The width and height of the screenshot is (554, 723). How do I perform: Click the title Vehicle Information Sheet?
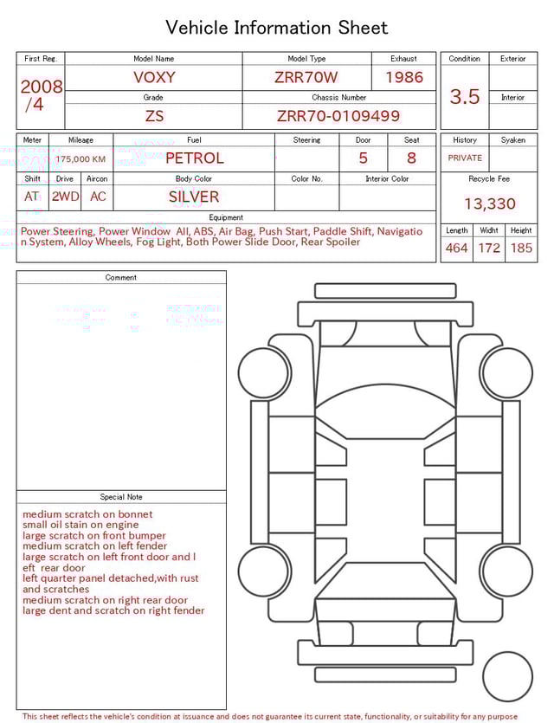pos(277,28)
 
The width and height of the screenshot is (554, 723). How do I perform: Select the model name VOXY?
pos(154,77)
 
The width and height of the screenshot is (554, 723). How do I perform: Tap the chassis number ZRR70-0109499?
pos(338,116)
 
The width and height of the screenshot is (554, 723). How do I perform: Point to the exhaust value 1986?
pos(404,77)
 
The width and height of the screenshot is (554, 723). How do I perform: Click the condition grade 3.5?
pos(465,97)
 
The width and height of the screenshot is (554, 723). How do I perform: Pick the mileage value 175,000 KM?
pos(81,159)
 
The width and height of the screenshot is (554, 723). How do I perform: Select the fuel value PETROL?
pos(194,158)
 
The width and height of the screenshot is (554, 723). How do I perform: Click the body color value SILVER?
pos(194,197)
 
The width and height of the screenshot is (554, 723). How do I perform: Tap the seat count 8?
pos(411,158)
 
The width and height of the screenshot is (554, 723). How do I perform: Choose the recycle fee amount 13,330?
pos(490,204)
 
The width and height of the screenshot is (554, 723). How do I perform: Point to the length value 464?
pos(456,249)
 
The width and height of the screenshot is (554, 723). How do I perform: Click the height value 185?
pos(521,249)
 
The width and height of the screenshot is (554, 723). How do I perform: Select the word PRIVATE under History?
pos(465,158)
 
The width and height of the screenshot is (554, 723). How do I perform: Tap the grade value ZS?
pos(154,116)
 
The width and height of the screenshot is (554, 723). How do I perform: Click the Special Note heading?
pos(121,497)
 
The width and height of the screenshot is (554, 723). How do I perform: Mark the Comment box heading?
pos(121,278)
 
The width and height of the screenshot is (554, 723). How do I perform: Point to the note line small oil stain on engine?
pos(81,525)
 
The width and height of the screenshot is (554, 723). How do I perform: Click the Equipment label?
pos(226,217)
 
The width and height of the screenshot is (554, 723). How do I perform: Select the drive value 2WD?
pos(65,197)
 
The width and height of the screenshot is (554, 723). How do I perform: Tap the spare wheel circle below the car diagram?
pos(507,677)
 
